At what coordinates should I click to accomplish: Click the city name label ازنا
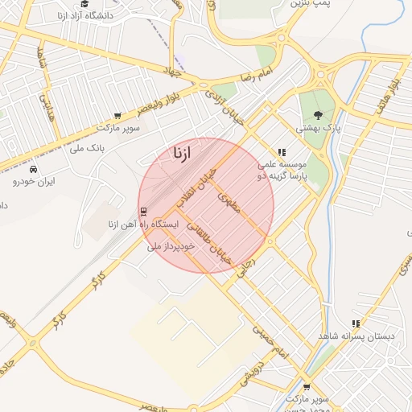pyautogui.click(x=181, y=153)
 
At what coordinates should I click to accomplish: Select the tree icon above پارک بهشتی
pyautogui.click(x=318, y=115)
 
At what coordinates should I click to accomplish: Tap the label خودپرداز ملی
pyautogui.click(x=171, y=246)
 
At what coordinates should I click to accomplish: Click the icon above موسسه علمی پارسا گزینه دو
pyautogui.click(x=281, y=151)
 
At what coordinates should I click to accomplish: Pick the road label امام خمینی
pyautogui.click(x=270, y=342)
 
